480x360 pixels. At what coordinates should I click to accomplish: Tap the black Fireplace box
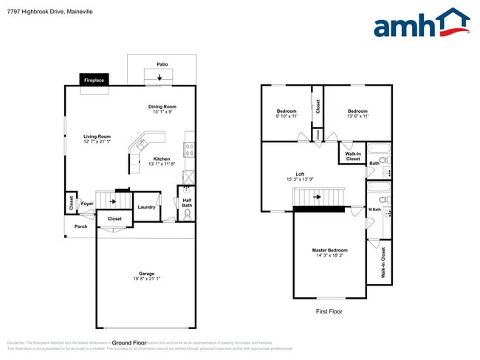[94, 80]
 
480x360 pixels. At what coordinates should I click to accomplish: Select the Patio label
[162, 64]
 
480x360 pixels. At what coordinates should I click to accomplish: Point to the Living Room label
[97, 136]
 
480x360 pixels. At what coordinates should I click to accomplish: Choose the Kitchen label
[161, 159]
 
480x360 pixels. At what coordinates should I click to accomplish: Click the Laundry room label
[146, 207]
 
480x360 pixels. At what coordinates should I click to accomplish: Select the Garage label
[146, 274]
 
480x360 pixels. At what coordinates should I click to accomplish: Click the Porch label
[80, 226]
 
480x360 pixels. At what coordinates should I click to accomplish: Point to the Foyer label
[87, 204]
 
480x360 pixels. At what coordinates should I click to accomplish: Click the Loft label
[301, 174]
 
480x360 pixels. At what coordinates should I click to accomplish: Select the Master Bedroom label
[329, 251]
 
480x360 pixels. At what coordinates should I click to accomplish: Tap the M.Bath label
[375, 210]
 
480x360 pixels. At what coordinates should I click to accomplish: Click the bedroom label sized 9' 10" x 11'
[287, 111]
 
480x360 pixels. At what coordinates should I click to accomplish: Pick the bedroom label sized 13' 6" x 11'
[357, 111]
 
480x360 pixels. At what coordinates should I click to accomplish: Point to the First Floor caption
[329, 311]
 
